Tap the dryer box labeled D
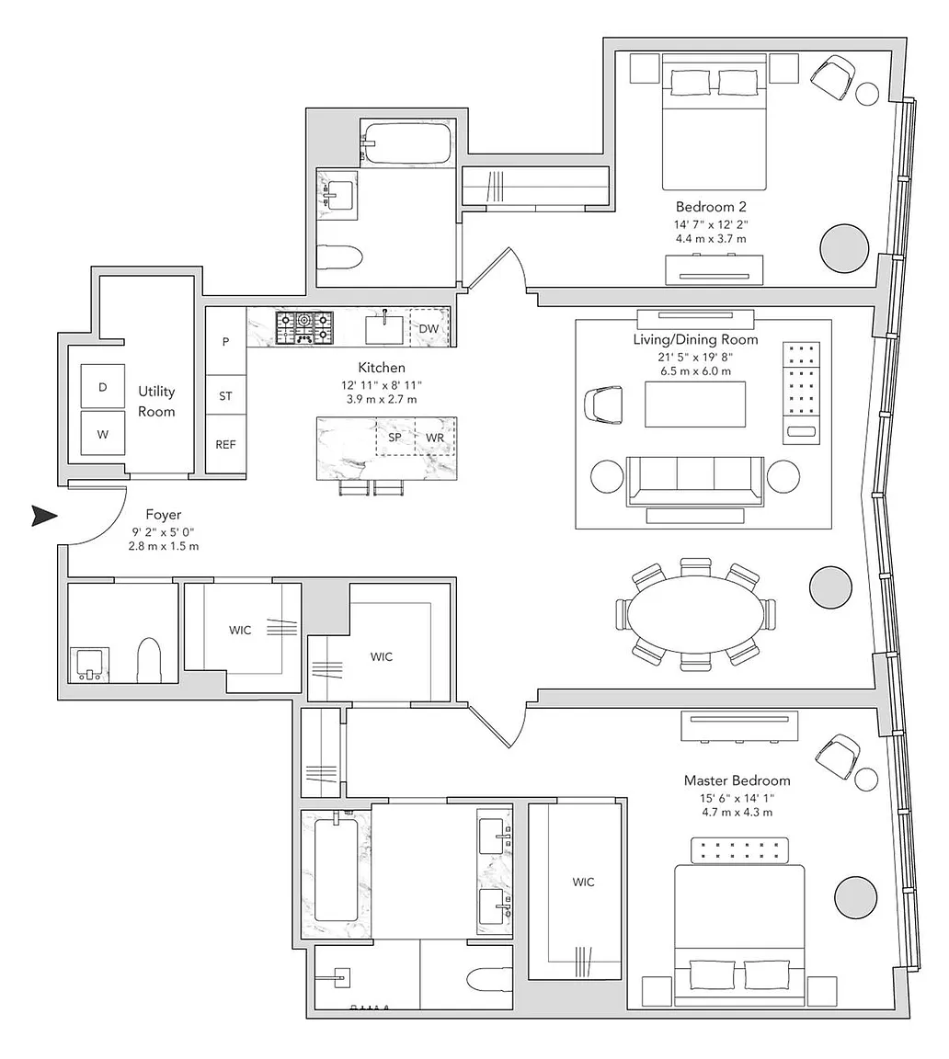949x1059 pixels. click(x=103, y=386)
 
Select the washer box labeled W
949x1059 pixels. click(x=103, y=433)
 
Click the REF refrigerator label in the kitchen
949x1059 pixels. click(x=225, y=444)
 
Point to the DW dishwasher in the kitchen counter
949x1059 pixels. click(x=429, y=328)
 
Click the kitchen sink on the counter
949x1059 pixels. click(x=384, y=329)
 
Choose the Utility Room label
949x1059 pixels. click(x=156, y=401)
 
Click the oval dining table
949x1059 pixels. click(x=695, y=615)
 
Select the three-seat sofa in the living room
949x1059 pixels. click(x=695, y=481)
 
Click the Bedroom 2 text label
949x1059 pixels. click(x=711, y=207)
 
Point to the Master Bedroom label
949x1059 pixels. click(x=737, y=780)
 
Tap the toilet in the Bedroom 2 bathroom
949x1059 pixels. click(x=339, y=256)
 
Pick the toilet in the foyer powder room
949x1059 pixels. click(x=149, y=661)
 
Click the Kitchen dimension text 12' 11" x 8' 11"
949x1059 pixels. click(x=382, y=386)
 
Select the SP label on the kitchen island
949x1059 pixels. click(x=395, y=437)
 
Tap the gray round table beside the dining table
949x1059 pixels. click(x=830, y=586)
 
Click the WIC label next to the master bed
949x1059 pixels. click(x=583, y=882)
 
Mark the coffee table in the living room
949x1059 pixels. click(x=695, y=404)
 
